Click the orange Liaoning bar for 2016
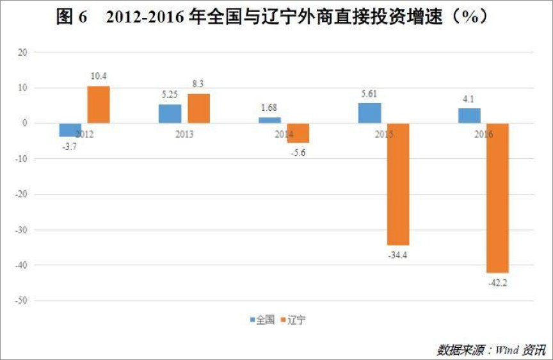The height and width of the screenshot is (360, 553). [x=497, y=198]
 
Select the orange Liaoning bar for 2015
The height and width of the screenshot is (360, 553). [x=398, y=184]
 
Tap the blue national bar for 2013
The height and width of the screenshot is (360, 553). [x=170, y=113]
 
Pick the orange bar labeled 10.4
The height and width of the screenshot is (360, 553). [x=99, y=104]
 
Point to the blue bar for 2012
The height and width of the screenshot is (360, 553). [x=70, y=129]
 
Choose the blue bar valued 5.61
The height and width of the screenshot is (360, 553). [x=369, y=113]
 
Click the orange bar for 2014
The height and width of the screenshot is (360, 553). [x=298, y=133]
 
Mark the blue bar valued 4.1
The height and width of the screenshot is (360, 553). [x=469, y=115]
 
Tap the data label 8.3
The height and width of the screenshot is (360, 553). [x=198, y=83]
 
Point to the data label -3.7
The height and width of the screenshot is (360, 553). [x=69, y=146]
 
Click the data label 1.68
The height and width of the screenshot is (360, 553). [x=269, y=106]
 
